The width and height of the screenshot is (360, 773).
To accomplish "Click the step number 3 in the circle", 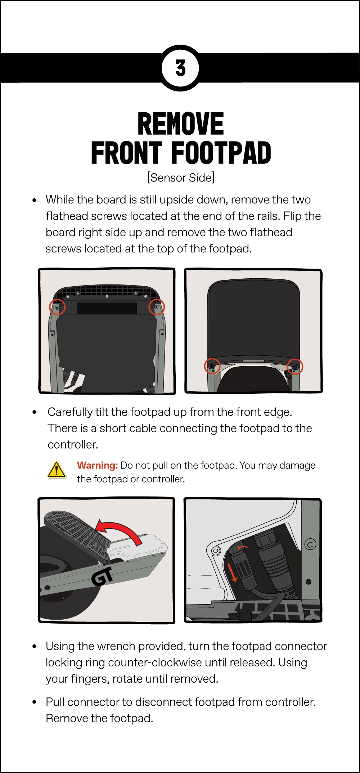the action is click(180, 68).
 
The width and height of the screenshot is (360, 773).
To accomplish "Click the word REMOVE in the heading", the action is click(181, 124).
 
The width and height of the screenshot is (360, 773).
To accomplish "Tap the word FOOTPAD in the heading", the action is click(221, 153).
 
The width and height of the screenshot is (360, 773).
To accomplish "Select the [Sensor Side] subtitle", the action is click(181, 177).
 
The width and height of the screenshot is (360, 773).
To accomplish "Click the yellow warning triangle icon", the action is click(57, 469).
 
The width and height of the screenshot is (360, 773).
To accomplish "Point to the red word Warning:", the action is click(97, 465).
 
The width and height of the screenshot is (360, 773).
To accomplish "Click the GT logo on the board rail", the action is click(102, 576).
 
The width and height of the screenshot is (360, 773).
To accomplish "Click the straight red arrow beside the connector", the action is click(232, 572).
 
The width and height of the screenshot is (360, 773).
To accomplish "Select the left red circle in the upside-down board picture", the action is click(57, 307).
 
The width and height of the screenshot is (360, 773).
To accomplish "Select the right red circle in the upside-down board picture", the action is click(157, 307).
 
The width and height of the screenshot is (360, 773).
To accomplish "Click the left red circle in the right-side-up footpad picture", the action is click(212, 366).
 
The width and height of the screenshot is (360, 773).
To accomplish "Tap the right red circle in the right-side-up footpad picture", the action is click(295, 367).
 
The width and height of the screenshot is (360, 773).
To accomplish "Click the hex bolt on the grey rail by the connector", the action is click(310, 544).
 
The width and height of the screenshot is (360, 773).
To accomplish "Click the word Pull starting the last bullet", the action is click(55, 702).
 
